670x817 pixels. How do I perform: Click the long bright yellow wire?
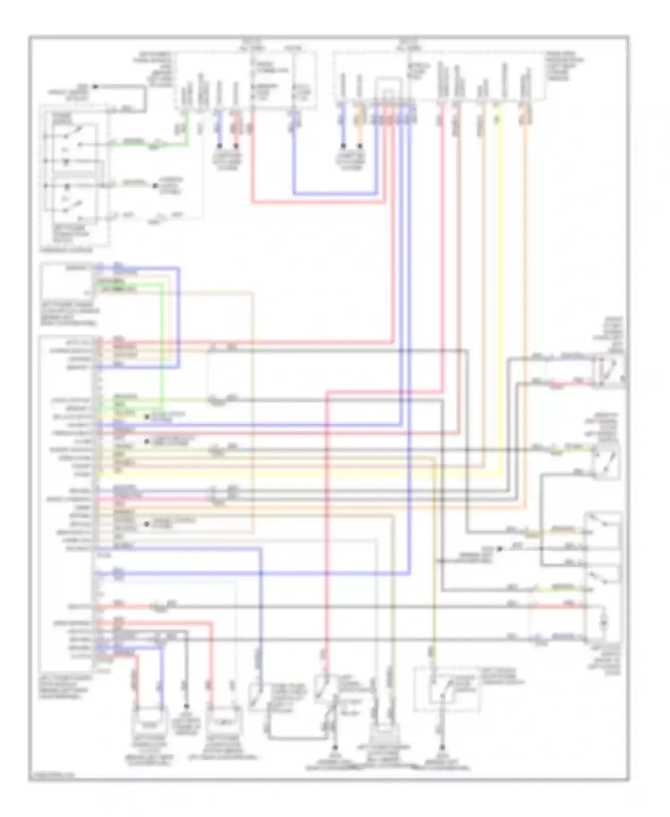pos(499,291)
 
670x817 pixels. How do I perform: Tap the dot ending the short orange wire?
pos(360,146)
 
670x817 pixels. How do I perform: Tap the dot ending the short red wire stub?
pos(236,146)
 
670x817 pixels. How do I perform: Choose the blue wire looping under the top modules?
pos(335,194)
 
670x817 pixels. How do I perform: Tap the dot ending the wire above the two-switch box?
pos(95,86)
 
